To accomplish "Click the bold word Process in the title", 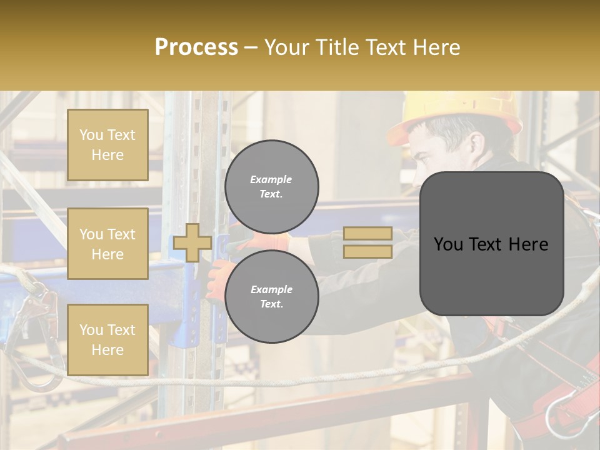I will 196,47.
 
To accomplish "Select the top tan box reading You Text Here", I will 107,145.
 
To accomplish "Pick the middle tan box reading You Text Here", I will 107,244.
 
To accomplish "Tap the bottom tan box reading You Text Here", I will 107,339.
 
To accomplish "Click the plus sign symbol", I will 192,242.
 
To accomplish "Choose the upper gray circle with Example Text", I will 271,186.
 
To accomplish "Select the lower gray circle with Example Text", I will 271,296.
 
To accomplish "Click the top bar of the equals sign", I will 368,233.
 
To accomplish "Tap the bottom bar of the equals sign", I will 368,251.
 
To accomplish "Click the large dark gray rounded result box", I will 491,243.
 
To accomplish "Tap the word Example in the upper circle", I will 271,179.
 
